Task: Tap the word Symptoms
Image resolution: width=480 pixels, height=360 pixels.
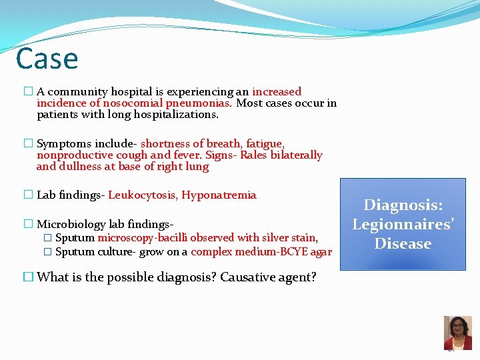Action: pyautogui.click(x=64, y=144)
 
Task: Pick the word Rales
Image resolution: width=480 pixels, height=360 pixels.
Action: pyautogui.click(x=255, y=155)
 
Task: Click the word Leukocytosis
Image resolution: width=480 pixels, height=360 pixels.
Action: pyautogui.click(x=143, y=195)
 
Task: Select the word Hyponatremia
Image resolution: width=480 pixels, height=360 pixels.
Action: pyautogui.click(x=219, y=195)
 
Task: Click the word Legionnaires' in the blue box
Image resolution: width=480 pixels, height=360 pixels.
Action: pyautogui.click(x=403, y=225)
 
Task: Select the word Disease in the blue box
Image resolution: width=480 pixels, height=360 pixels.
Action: pyautogui.click(x=403, y=244)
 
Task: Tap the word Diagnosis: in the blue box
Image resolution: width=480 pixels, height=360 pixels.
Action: pyautogui.click(x=403, y=206)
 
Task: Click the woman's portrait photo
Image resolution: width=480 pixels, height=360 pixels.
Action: pyautogui.click(x=457, y=332)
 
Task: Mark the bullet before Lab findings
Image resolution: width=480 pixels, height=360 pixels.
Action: pyautogui.click(x=28, y=195)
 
